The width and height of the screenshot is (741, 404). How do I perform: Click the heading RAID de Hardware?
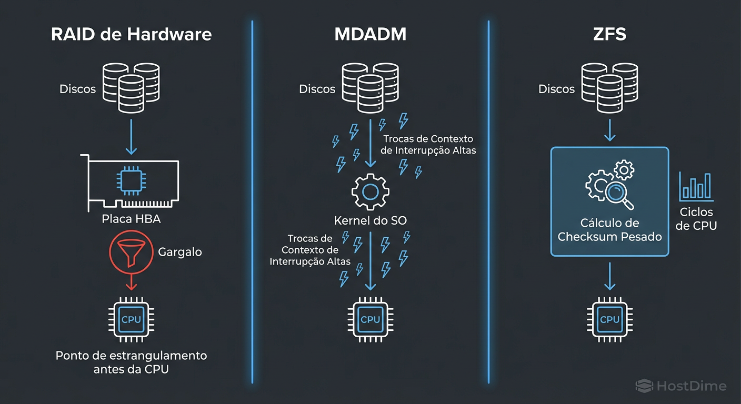point(131,35)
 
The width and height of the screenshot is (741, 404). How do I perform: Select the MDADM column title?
point(370,35)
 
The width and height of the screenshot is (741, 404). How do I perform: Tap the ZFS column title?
point(609,35)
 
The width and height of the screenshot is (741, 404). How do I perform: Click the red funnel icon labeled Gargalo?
point(132,252)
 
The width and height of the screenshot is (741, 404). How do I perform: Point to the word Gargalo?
point(179,252)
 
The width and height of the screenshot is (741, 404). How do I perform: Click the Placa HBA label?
point(131,219)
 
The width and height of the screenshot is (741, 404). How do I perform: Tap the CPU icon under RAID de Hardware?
point(131,319)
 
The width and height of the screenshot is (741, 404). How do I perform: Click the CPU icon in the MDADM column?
point(370,319)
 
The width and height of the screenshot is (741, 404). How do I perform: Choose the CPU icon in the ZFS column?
point(609,319)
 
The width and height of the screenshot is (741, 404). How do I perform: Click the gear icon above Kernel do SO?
point(370,192)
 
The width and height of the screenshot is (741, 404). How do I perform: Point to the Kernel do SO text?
point(370,220)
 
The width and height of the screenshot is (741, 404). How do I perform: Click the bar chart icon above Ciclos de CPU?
point(696,187)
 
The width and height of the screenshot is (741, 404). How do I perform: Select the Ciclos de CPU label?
point(696,219)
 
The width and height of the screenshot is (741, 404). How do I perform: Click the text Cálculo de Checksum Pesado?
point(609,230)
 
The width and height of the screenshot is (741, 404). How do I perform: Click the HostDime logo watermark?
point(681,386)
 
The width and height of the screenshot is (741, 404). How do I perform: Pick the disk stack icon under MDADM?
point(370,88)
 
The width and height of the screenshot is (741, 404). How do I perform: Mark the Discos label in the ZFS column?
point(556,89)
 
